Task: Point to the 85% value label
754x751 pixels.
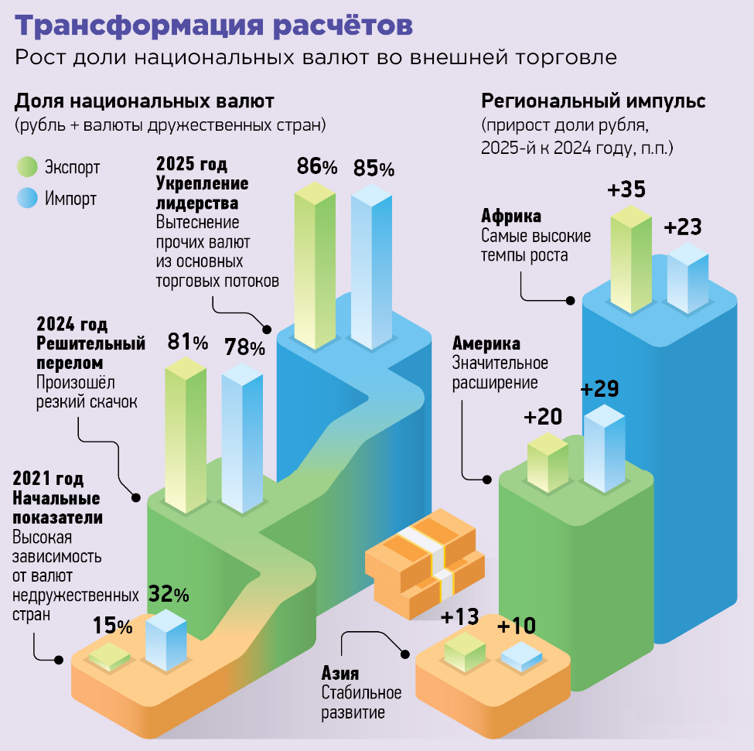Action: click(x=374, y=168)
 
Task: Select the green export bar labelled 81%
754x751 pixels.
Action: click(x=186, y=437)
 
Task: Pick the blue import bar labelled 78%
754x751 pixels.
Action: click(x=242, y=437)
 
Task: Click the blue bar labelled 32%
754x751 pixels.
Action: click(x=166, y=640)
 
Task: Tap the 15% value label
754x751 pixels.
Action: click(x=113, y=625)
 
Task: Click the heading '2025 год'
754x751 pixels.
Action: click(x=193, y=164)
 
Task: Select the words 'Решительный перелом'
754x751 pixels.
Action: click(x=90, y=353)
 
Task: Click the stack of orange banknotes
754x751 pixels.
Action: click(x=424, y=563)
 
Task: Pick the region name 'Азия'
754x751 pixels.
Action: click(x=340, y=674)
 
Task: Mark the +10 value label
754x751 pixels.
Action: click(x=517, y=626)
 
